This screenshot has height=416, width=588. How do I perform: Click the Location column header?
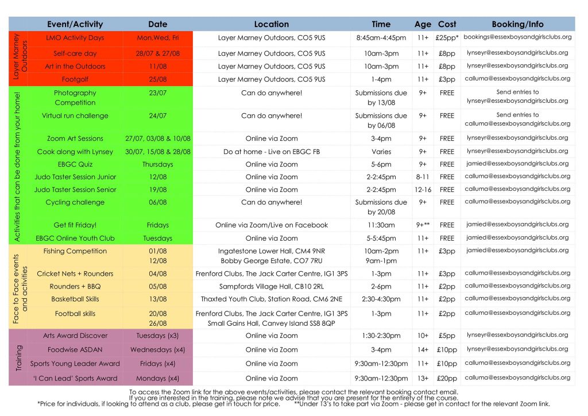tap(272, 24)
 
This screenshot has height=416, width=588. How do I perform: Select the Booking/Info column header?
tap(517, 24)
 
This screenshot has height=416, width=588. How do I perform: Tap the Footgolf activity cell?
tap(75, 79)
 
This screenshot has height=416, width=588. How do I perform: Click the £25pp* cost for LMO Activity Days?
tap(447, 38)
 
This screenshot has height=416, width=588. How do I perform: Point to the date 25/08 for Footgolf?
tap(158, 79)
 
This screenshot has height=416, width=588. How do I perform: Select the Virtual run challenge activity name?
tap(75, 115)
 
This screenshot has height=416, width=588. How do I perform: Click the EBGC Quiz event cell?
tap(75, 164)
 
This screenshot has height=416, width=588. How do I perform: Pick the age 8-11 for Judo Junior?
tap(423, 177)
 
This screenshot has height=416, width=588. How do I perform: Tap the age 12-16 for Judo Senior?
tap(423, 190)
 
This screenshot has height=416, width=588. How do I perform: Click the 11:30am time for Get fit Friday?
tap(381, 225)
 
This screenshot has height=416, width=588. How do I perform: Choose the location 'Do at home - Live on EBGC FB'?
tap(272, 152)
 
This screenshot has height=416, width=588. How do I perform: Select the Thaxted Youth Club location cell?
tap(272, 299)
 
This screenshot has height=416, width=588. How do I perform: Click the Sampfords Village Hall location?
tap(272, 286)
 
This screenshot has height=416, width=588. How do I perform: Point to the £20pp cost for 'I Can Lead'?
tap(447, 379)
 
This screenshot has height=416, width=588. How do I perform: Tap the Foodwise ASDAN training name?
tap(75, 349)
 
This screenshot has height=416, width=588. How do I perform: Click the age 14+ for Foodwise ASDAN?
tap(423, 349)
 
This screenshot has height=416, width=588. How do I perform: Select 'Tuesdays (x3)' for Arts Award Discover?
tap(158, 336)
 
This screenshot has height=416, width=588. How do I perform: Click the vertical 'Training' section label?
tap(19, 357)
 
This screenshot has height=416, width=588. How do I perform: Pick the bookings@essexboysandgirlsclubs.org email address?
tap(517, 37)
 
